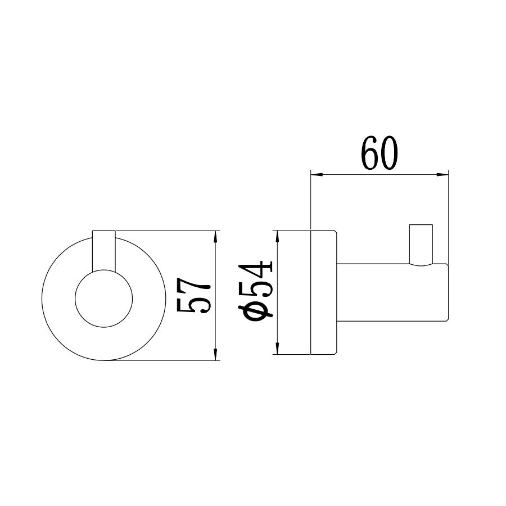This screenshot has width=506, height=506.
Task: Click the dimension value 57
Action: point(193,295)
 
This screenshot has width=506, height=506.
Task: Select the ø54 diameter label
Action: point(256,292)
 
